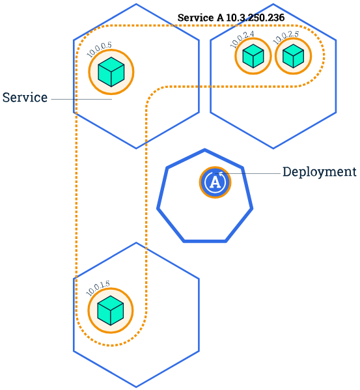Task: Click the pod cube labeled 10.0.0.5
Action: click(x=111, y=72)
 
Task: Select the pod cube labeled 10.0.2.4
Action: click(x=252, y=57)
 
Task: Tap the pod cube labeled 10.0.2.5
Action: click(x=293, y=57)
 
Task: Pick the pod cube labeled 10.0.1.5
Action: click(x=111, y=310)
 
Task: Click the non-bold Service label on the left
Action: click(x=25, y=98)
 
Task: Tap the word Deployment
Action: click(x=319, y=172)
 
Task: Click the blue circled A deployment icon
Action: click(x=215, y=182)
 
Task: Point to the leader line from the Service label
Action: click(x=81, y=99)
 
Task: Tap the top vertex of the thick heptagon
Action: click(x=205, y=150)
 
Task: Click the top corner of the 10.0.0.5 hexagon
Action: click(x=136, y=5)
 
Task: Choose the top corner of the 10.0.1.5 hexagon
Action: click(x=136, y=243)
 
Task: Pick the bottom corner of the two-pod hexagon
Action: click(x=273, y=148)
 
